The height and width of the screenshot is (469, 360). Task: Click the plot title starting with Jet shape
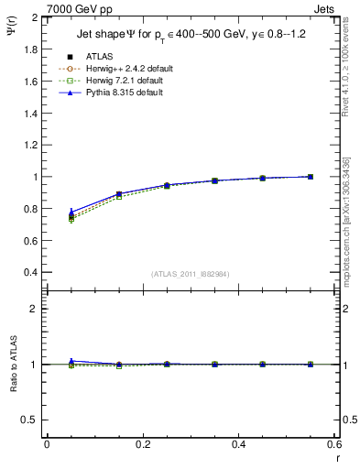[190, 35]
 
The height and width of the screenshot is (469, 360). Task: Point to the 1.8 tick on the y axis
[31, 49]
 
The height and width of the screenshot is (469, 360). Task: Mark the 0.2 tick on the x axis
[143, 444]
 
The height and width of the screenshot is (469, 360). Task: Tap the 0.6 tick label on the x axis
[334, 444]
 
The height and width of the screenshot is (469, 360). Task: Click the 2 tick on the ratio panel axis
[36, 309]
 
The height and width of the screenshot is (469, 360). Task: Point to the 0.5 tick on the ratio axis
[31, 420]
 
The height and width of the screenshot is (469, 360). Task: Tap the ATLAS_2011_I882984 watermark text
[190, 273]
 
